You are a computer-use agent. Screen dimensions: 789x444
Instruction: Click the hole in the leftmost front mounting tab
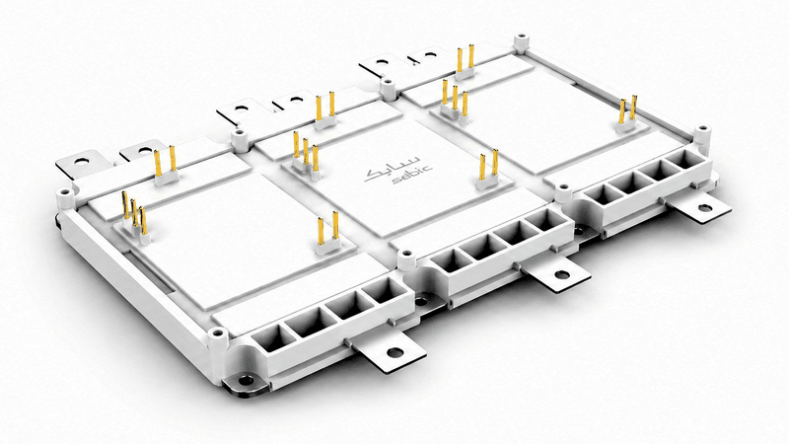(395, 352)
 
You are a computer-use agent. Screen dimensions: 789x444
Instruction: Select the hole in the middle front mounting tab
(560, 275)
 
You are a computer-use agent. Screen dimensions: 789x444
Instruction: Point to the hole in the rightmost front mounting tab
(703, 207)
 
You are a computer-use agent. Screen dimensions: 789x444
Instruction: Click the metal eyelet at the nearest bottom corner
(246, 380)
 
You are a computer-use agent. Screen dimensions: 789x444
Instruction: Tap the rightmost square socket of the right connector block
(686, 160)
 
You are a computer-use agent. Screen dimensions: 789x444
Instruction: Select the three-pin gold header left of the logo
(306, 154)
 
